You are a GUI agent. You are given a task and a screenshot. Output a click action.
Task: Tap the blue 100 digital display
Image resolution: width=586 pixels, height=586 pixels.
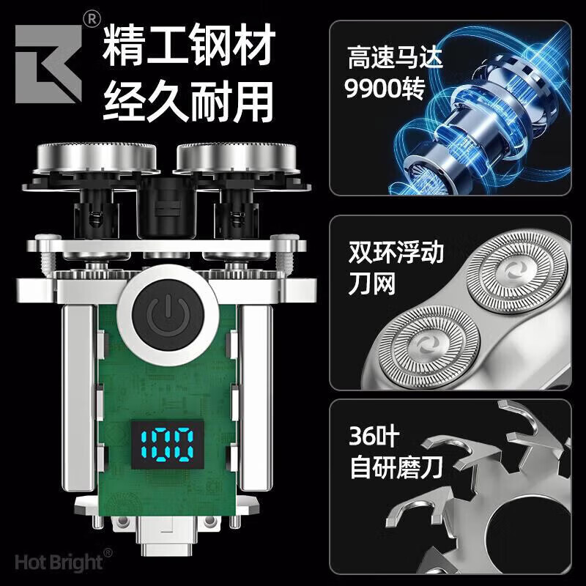(x=168, y=444)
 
